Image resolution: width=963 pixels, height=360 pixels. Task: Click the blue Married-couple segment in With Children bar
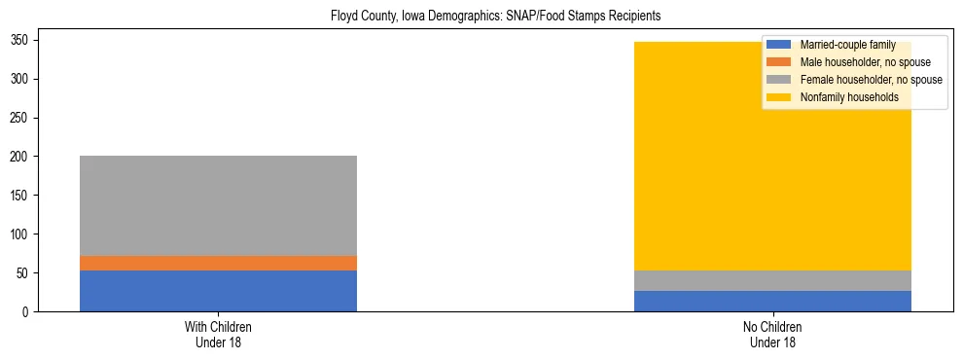pyautogui.click(x=218, y=291)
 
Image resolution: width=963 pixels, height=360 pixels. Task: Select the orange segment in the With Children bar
pyautogui.click(x=218, y=263)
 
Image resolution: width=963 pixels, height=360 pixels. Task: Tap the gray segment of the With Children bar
pyautogui.click(x=218, y=205)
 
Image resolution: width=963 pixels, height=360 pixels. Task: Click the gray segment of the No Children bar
pyautogui.click(x=772, y=280)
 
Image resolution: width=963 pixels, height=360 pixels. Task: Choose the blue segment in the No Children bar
pyautogui.click(x=772, y=301)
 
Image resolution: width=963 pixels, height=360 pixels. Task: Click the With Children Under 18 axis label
pyautogui.click(x=218, y=334)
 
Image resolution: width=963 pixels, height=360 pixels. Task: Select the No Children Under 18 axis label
pyautogui.click(x=772, y=334)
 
